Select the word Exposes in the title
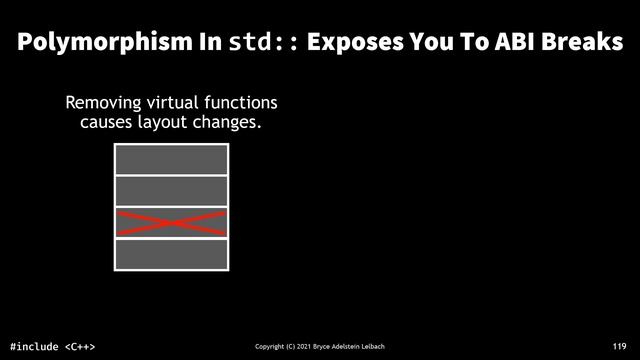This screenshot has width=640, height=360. pos(362,43)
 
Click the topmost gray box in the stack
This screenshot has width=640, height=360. pos(172,160)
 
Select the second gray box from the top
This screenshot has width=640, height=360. pos(172,191)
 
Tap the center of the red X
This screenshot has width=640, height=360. pos(172,223)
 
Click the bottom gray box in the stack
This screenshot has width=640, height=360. pos(172,254)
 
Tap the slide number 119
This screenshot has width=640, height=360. pos(619,345)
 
